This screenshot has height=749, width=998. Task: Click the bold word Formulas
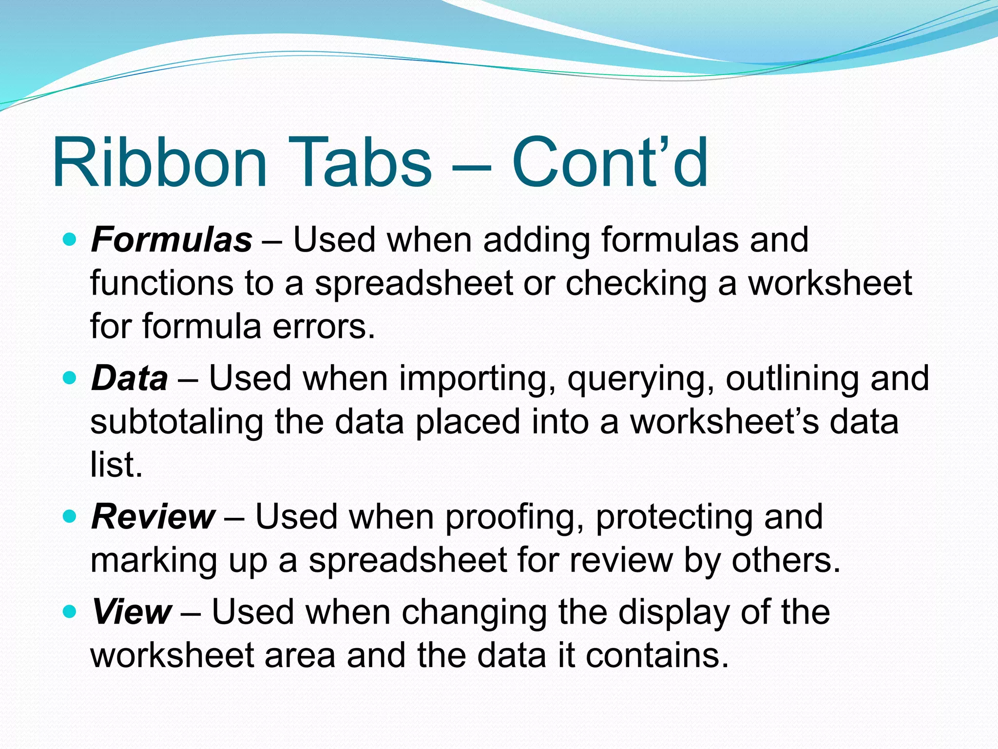172,240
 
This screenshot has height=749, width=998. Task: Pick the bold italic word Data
130,378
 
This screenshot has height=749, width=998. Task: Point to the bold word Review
153,517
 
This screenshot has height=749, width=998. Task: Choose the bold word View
132,611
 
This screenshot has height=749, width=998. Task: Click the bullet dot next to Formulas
70,239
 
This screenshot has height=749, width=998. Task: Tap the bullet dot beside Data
70,378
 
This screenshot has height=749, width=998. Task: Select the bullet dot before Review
70,516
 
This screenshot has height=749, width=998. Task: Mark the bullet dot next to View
70,611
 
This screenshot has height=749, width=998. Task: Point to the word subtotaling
176,422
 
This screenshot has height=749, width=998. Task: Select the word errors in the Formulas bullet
324,327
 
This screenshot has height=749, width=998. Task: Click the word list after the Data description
116,465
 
